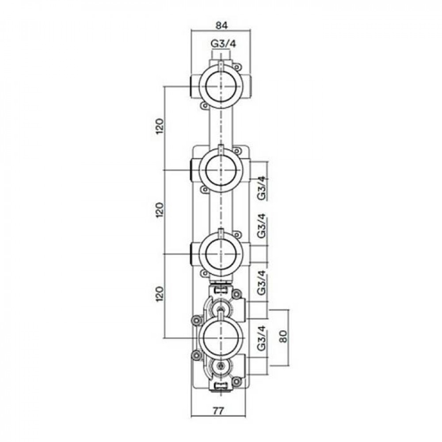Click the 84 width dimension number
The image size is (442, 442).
tap(221, 25)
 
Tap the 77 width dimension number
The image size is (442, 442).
tap(218, 411)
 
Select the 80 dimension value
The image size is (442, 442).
tap(284, 335)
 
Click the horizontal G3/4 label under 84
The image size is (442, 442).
tap(224, 44)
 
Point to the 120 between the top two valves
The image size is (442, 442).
tap(160, 126)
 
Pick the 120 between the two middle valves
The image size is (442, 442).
tap(160, 210)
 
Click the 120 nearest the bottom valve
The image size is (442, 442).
tap(160, 294)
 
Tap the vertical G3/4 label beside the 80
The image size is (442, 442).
tap(262, 338)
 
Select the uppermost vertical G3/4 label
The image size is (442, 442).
tap(262, 188)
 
